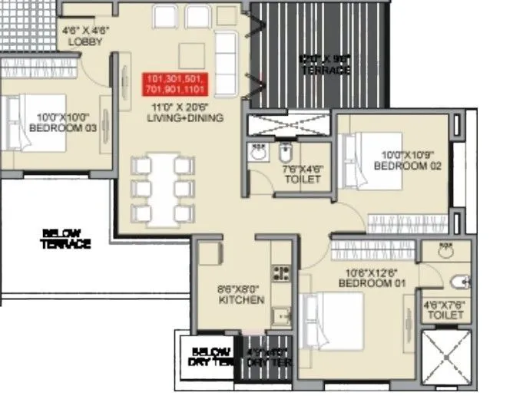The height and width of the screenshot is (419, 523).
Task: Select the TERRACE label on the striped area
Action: pos(325,65)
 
